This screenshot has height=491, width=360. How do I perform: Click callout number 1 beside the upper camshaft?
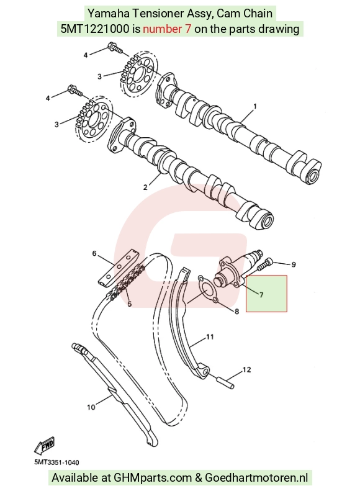click(255, 107)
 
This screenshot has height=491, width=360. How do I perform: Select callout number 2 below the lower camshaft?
click(145, 187)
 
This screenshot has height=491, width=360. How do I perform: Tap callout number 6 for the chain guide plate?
click(94, 253)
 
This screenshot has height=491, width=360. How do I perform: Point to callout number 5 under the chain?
click(130, 304)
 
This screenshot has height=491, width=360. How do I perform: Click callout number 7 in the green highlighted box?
click(261, 295)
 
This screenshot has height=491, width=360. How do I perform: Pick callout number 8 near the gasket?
click(236, 311)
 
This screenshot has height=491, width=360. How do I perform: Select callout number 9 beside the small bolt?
click(294, 264)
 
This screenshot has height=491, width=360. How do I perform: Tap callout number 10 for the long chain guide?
click(91, 407)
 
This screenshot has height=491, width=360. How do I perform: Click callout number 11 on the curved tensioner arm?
click(210, 337)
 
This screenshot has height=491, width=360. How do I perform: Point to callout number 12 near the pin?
click(246, 370)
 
